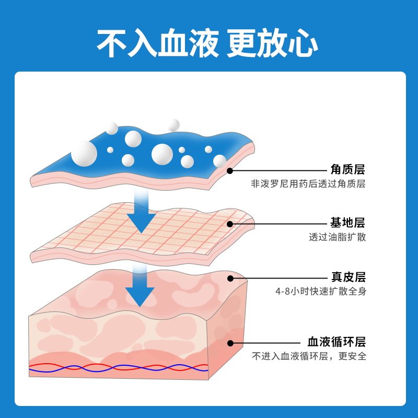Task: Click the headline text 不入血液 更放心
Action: click(x=207, y=43)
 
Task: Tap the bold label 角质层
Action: click(x=347, y=169)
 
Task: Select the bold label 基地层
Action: click(x=347, y=223)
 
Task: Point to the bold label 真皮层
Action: click(x=348, y=277)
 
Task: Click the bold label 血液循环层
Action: click(x=336, y=342)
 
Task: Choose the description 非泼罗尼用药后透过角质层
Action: click(x=308, y=184)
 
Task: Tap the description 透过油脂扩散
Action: click(x=338, y=237)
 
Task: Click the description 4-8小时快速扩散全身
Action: click(x=321, y=291)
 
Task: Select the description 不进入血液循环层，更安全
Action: click(x=309, y=356)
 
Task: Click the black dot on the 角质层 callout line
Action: click(x=230, y=171)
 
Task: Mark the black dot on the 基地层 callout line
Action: click(x=230, y=224)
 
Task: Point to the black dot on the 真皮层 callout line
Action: click(x=230, y=278)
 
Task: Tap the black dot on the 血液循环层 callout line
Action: click(x=230, y=343)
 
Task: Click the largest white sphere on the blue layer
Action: click(x=84, y=154)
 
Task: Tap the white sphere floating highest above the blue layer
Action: click(x=173, y=125)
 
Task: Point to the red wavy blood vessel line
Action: click(x=119, y=367)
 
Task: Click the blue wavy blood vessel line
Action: click(x=119, y=368)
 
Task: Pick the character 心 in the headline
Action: click(x=303, y=43)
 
